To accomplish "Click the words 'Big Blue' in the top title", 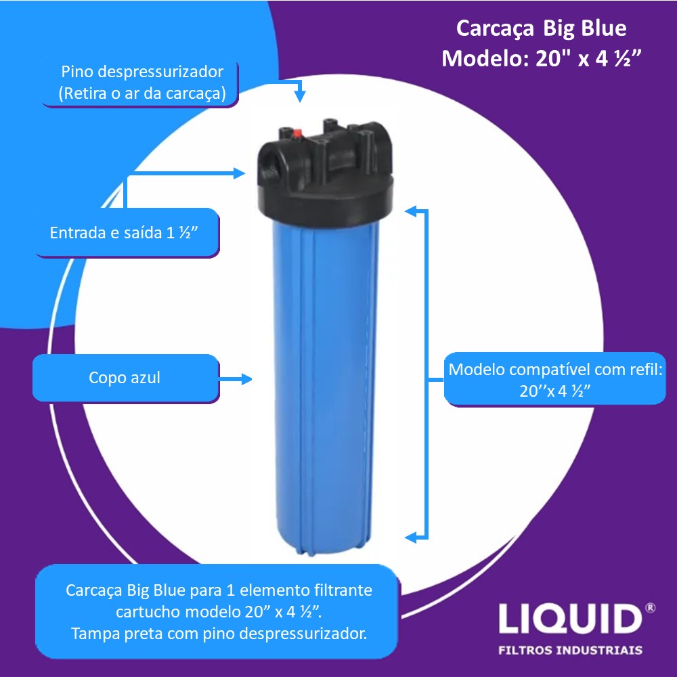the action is pyautogui.click(x=584, y=29).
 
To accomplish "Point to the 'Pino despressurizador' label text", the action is pyautogui.click(x=142, y=72).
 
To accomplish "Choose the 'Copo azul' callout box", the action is pyautogui.click(x=126, y=378).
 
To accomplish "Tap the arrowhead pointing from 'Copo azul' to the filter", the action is pyautogui.click(x=247, y=379).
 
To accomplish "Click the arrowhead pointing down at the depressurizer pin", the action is pyautogui.click(x=300, y=96).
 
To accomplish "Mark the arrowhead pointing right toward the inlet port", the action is pyautogui.click(x=240, y=173).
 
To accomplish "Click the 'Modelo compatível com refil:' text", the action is pyautogui.click(x=555, y=370).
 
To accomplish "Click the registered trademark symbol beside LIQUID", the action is pyautogui.click(x=650, y=608).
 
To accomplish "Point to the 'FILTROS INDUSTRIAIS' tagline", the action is pyautogui.click(x=570, y=650).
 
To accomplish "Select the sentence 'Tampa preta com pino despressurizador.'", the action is pyautogui.click(x=219, y=634).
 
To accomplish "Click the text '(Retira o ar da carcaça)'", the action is pyautogui.click(x=142, y=93).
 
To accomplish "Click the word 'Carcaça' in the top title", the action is pyautogui.click(x=495, y=29).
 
